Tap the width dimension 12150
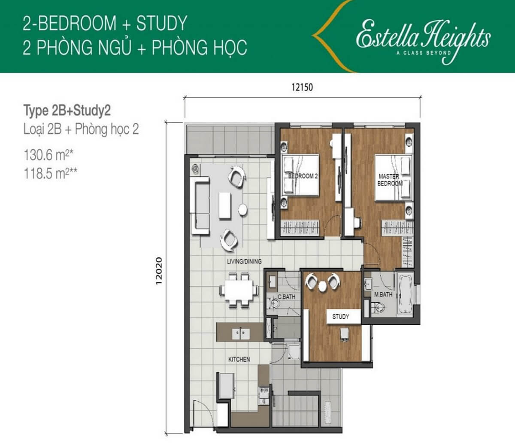point(302,87)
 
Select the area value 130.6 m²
point(48,155)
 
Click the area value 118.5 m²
point(50,173)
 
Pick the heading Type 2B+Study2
point(67,111)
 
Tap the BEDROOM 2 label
point(303,176)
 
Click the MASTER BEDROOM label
point(390,180)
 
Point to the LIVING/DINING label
point(244,261)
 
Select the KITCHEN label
point(239,359)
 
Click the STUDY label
point(341,317)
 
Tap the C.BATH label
point(286,297)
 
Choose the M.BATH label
point(383,294)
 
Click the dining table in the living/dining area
point(239,290)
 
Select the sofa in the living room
point(200,205)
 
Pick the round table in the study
point(322,286)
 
